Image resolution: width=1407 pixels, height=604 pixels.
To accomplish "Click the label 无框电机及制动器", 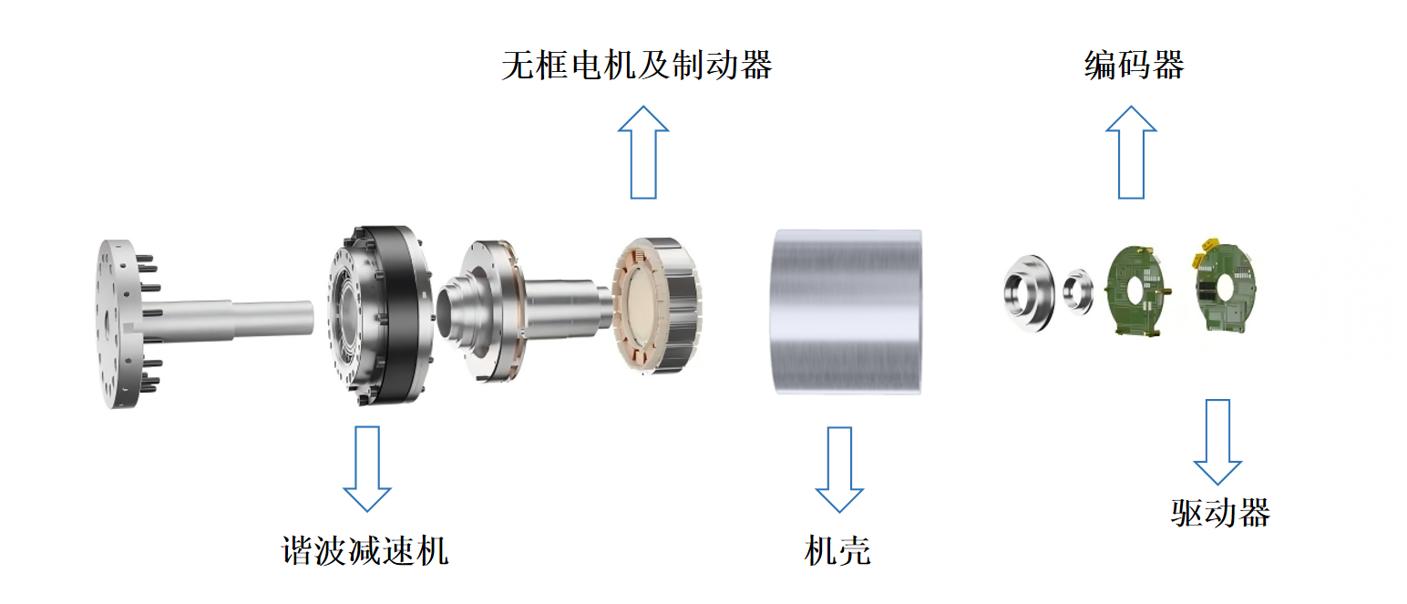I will pyautogui.click(x=636, y=66).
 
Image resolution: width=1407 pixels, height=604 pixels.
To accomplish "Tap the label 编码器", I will pyautogui.click(x=1134, y=66).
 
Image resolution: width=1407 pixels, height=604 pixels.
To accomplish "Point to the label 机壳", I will pyautogui.click(x=837, y=550).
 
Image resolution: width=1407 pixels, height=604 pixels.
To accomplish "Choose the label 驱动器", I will pyautogui.click(x=1219, y=512).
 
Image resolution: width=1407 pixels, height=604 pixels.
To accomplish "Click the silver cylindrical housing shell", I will pyautogui.click(x=847, y=311).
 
